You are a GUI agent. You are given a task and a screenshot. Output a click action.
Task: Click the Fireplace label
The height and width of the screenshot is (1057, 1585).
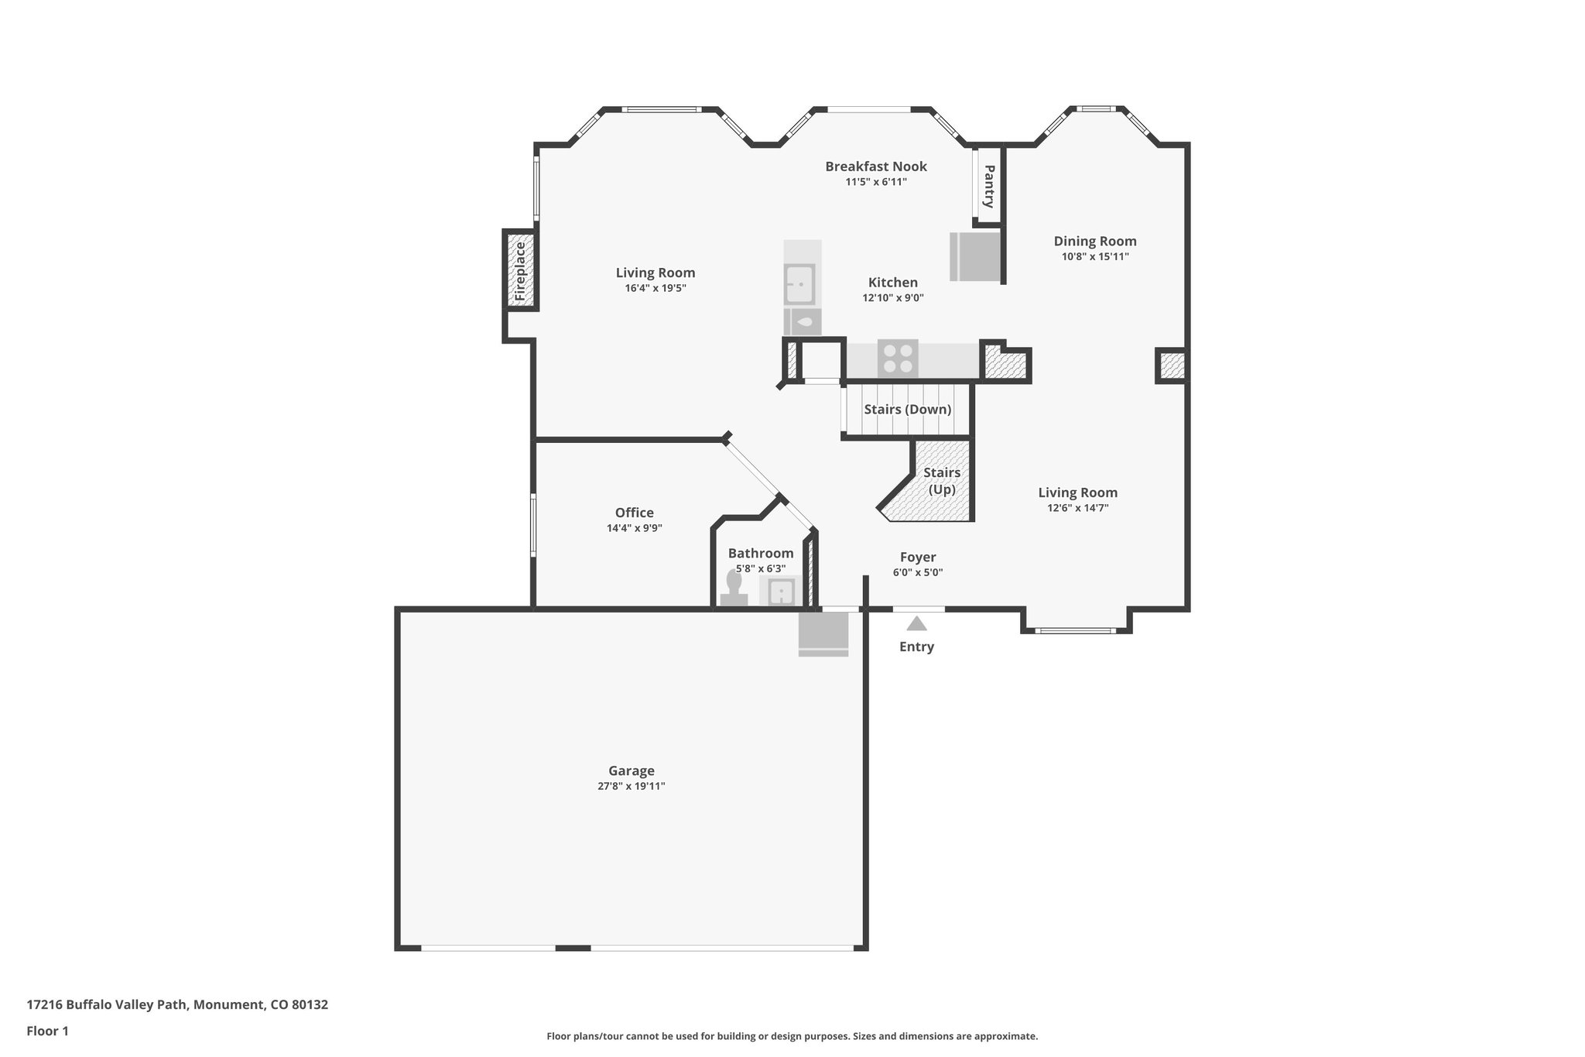(x=520, y=271)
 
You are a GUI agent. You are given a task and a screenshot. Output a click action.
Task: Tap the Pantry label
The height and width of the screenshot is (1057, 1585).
(x=988, y=186)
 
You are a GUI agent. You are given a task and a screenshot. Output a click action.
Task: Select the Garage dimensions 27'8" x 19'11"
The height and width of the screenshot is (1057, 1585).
(x=631, y=786)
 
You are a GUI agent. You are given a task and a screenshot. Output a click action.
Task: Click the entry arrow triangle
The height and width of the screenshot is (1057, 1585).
(x=916, y=623)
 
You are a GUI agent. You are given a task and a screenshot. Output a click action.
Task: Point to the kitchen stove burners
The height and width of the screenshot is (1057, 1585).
(x=898, y=359)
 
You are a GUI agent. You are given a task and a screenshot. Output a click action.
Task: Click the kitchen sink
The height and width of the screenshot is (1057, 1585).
(x=799, y=283)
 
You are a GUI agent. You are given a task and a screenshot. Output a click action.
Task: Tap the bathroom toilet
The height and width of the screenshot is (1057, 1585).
(x=733, y=589)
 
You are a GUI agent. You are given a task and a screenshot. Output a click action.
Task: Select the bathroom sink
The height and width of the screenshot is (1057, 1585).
(x=782, y=592)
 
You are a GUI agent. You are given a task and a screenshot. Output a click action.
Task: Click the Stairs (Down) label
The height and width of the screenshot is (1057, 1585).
(x=907, y=409)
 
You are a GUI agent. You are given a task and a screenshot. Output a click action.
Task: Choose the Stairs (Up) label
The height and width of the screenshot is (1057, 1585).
(x=942, y=481)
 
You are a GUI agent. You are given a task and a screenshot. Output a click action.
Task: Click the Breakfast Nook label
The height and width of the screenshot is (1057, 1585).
(x=875, y=166)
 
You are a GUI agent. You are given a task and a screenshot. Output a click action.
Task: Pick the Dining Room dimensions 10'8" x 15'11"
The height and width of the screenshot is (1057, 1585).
(x=1094, y=256)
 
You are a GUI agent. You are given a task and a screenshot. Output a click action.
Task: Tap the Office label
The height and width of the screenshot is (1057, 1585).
(x=634, y=512)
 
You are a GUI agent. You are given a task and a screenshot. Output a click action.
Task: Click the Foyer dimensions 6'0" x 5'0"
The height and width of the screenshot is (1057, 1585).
(x=917, y=572)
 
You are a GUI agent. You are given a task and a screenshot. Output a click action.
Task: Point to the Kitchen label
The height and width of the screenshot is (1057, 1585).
(x=892, y=283)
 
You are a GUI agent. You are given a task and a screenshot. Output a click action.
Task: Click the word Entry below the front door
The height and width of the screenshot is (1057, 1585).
(x=916, y=647)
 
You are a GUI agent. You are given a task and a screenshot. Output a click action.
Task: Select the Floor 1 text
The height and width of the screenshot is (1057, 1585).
(x=47, y=1031)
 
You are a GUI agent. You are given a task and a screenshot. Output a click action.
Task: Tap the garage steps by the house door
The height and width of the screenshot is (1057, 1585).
(x=823, y=635)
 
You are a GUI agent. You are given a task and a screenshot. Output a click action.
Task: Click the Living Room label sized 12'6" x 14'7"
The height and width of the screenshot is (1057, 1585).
(x=1077, y=492)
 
